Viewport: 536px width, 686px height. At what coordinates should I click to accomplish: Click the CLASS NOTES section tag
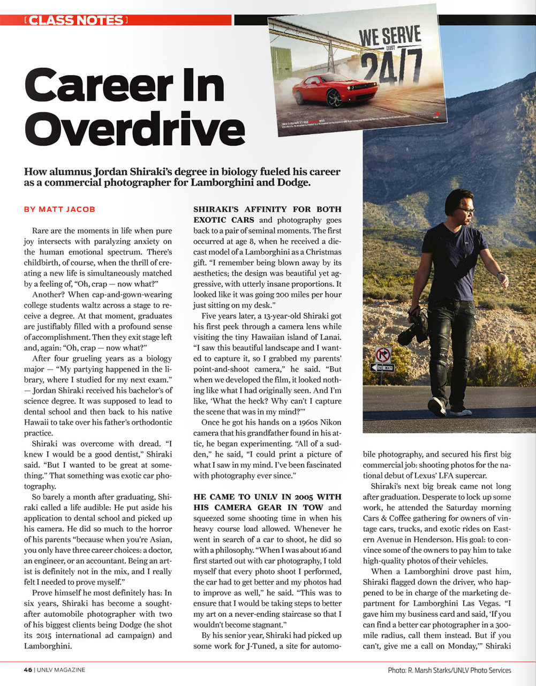(76, 21)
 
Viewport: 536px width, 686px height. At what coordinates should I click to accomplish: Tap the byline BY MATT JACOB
(60, 209)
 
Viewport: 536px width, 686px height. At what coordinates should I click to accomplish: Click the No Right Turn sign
(383, 354)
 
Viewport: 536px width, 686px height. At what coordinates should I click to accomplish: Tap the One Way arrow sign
(382, 368)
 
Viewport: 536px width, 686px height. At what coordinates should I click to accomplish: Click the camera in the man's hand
(414, 329)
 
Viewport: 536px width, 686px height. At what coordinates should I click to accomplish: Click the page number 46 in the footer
(28, 669)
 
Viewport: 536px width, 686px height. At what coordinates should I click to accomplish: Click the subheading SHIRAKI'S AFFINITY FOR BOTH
(267, 209)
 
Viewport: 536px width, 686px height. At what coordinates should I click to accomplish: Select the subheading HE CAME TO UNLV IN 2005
(267, 497)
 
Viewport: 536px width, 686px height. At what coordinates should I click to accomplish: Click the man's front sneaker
(436, 407)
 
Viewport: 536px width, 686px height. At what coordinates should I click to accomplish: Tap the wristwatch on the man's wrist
(499, 274)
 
